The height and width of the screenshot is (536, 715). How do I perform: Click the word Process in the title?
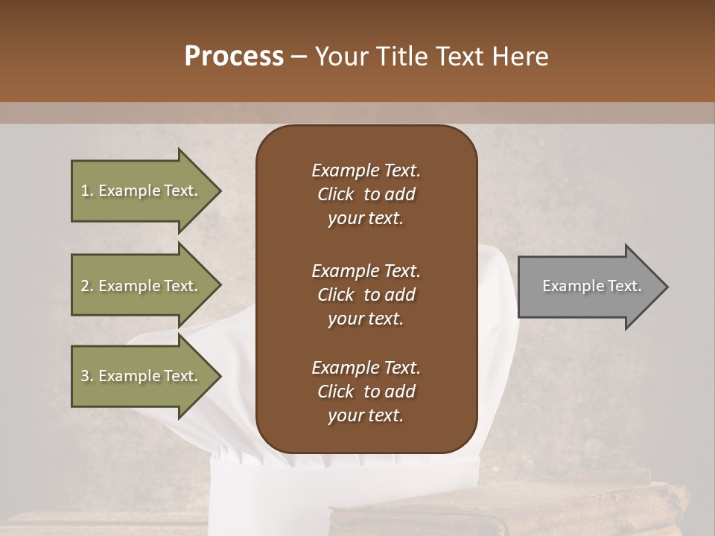234,57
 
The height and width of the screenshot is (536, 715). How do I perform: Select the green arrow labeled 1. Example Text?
142,191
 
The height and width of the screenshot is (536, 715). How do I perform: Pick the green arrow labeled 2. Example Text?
142,286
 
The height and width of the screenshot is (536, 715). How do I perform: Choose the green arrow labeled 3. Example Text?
142,376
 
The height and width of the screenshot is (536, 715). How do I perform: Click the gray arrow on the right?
588,286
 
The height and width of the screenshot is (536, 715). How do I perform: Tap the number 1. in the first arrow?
87,191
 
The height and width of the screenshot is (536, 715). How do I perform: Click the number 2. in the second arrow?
87,286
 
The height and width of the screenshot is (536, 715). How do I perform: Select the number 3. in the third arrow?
87,376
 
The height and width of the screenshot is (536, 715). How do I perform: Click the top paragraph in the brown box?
366,194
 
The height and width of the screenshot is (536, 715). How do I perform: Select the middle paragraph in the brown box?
366,295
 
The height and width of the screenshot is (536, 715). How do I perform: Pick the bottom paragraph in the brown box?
366,392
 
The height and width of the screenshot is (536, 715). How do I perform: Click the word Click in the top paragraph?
336,194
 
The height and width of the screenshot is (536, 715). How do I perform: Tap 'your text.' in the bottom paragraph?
365,416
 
